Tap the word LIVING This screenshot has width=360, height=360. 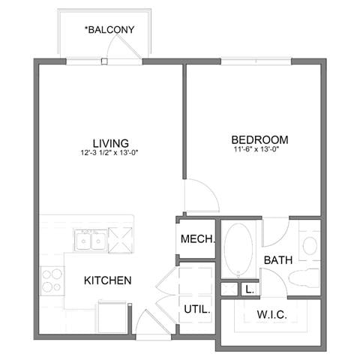tap(110, 142)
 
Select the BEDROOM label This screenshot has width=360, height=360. tap(259, 139)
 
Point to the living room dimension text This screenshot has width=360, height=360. tap(110, 153)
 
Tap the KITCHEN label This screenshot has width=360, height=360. tap(107, 280)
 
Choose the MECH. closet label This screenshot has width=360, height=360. tap(198, 241)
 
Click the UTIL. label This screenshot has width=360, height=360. tap(196, 309)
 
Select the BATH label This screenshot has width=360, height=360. tap(277, 260)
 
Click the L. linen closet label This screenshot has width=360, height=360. tap(247, 289)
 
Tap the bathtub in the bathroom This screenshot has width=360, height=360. tap(239, 250)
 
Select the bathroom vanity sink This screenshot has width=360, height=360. tap(310, 246)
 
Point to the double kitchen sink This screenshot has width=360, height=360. tap(90, 241)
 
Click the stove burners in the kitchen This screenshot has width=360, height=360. tap(52, 280)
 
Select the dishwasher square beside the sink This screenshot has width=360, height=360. tap(120, 240)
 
